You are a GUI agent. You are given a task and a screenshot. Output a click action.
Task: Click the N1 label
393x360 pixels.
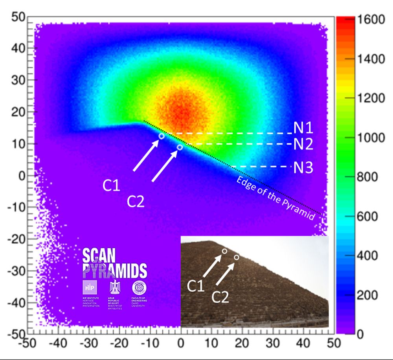303,129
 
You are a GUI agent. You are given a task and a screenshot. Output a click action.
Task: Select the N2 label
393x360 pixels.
303,145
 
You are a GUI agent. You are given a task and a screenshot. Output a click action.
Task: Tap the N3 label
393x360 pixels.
303,168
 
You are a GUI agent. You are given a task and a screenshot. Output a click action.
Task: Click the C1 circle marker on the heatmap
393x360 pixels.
162,136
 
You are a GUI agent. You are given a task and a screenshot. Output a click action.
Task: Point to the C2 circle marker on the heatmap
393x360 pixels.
180,147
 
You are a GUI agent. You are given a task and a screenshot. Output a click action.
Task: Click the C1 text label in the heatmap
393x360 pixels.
111,186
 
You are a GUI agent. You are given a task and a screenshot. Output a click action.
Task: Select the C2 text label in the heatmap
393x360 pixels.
136,201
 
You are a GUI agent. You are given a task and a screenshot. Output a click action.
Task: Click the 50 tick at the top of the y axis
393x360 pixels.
18,17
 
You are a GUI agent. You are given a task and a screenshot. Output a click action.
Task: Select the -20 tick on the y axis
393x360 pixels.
16,239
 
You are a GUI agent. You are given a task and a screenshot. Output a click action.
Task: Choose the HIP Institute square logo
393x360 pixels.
89,288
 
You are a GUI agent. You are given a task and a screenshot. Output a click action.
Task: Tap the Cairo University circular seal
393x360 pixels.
139,288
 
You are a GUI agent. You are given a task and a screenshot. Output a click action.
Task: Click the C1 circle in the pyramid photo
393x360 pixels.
224,251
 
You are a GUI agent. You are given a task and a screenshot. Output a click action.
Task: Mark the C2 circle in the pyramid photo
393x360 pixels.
237,257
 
